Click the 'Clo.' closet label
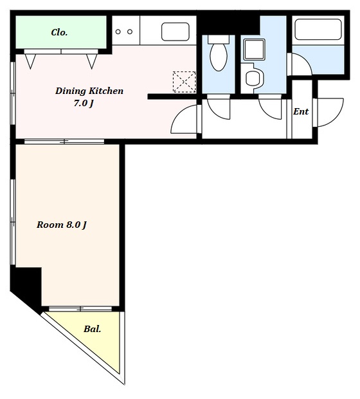pos(59,32)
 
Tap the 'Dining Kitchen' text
pos(89,91)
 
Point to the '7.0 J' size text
pos(84,104)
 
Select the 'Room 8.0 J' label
pos(62,225)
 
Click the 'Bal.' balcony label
pos(93,329)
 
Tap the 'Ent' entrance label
pos(301,111)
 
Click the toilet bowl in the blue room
pos(219,53)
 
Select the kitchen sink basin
pos(175,32)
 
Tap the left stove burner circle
pos(118,32)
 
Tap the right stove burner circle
pos(130,32)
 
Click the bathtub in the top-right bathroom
pos(318,30)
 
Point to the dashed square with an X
pos(184,82)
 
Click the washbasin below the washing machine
pos(253,78)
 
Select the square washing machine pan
pos(254,50)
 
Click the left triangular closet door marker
pos(30,61)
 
